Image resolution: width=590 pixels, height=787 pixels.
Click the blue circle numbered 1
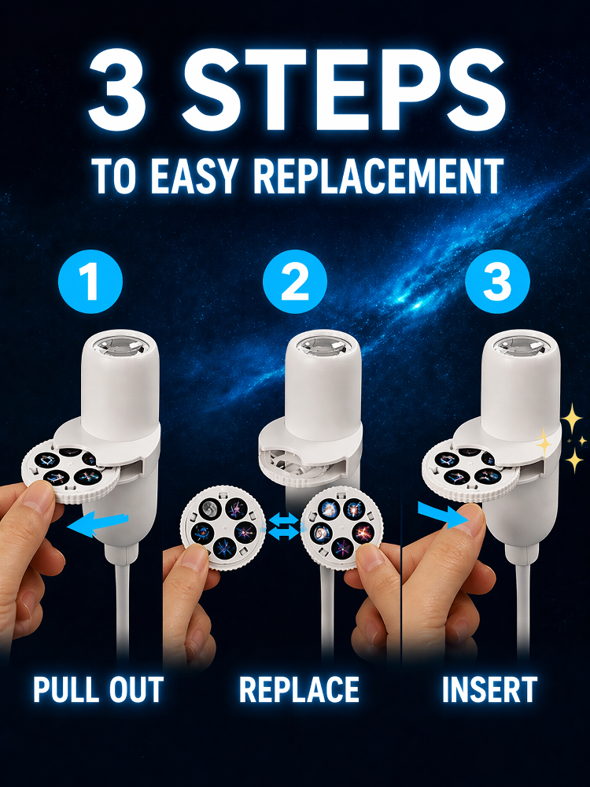pyautogui.click(x=90, y=282)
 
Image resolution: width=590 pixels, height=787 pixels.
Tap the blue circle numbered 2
pyautogui.click(x=295, y=282)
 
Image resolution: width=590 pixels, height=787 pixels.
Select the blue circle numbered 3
pyautogui.click(x=497, y=282)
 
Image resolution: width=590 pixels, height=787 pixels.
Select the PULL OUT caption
pyautogui.click(x=98, y=689)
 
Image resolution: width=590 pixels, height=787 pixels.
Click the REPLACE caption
pyautogui.click(x=299, y=689)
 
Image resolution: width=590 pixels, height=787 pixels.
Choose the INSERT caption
pyautogui.click(x=489, y=689)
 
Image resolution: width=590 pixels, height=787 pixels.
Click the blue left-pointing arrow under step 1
pyautogui.click(x=98, y=524)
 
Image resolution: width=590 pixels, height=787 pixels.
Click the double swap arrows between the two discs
pyautogui.click(x=283, y=526)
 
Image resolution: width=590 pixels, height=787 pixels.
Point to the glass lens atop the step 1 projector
pyautogui.click(x=120, y=345)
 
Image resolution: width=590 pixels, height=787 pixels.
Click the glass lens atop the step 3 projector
pyautogui.click(x=520, y=345)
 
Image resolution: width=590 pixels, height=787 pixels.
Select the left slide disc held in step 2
pyautogui.click(x=223, y=527)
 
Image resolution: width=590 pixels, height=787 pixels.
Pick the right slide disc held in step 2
pyautogui.click(x=341, y=527)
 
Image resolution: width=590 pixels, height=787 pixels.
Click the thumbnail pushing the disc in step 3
pyautogui.click(x=470, y=518)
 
